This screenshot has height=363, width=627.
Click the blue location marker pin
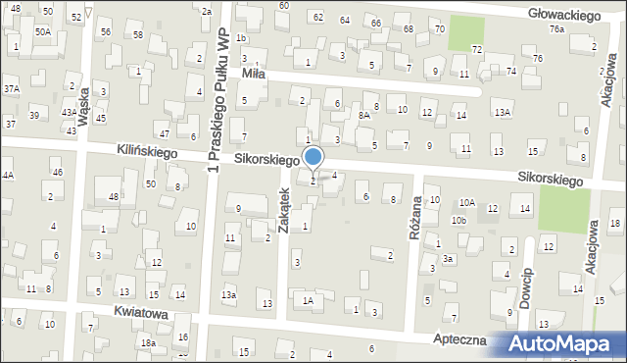click(x=313, y=158)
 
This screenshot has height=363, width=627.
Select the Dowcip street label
click(x=526, y=286)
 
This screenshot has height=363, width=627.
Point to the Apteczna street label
click(x=467, y=338)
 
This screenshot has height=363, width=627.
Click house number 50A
click(x=43, y=31)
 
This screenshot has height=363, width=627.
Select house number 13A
click(x=502, y=113)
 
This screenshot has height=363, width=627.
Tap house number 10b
click(x=459, y=220)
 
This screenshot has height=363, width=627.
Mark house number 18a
click(x=148, y=342)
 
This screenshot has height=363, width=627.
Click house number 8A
click(x=362, y=115)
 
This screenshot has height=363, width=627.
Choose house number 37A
click(x=11, y=88)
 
